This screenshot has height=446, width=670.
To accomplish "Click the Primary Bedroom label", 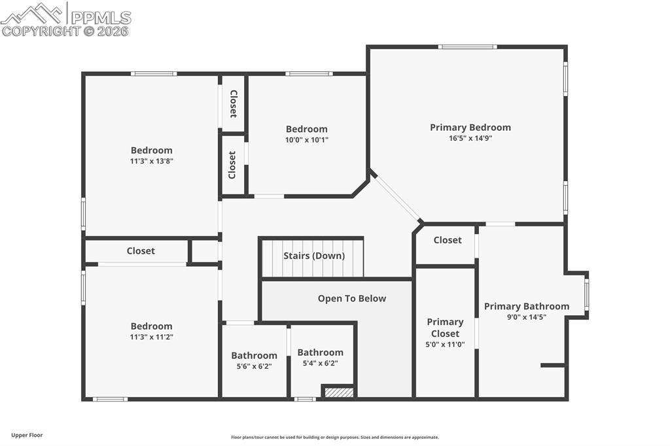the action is coord(470,128).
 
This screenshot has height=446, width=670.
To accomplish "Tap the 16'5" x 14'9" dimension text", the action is coord(470,138).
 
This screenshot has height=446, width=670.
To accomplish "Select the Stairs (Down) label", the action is coord(314,256).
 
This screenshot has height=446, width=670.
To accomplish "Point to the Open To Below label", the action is coord(351,299).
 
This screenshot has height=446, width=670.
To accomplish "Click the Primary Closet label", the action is coord(445,328).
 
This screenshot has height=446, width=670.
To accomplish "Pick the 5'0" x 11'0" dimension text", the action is coord(445,345).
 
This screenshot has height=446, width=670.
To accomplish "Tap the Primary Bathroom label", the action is coord(527,306).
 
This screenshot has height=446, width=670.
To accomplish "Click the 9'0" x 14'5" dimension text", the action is coord(527,317).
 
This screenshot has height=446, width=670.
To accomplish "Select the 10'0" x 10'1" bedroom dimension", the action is coord(307,140).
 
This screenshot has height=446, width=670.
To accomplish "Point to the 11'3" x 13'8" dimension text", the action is coord(152,161).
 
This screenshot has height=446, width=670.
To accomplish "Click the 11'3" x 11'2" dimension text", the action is coord(152,337).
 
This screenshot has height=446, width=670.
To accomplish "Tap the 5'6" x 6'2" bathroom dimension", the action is coord(255,366).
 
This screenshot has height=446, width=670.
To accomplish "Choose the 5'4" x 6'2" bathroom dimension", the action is coord(321,363).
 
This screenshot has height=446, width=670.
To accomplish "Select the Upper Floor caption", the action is coord(27,436).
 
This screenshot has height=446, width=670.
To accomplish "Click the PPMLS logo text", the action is coord(101,18).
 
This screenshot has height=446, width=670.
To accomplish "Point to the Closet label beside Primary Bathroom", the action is coord(448,240).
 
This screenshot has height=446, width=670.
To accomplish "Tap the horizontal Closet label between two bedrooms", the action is coord(141,250).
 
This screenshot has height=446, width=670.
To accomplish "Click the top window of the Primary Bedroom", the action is coord(467,47).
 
